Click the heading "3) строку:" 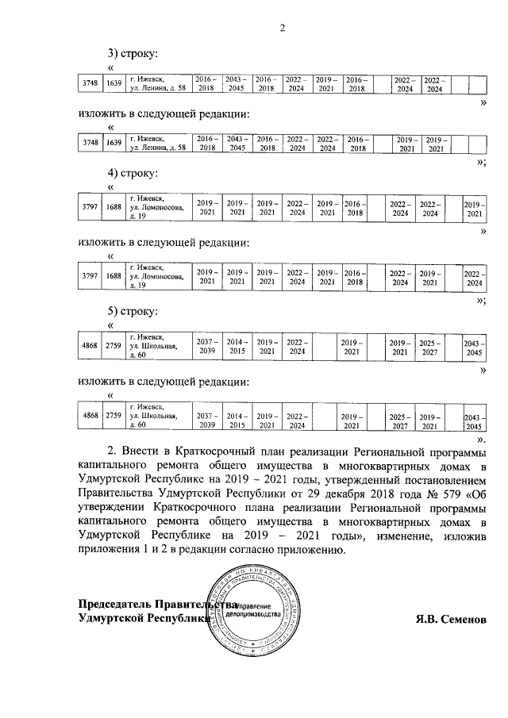click(x=133, y=55)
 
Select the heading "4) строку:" click(x=133, y=173)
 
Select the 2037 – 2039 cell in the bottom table click(x=207, y=420)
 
